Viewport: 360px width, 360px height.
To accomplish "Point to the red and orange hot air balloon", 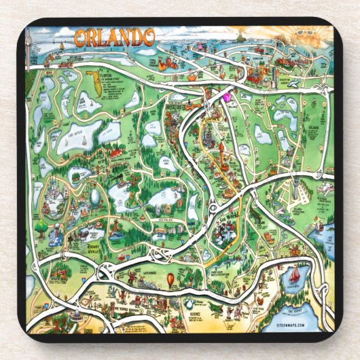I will coord(170,278).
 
